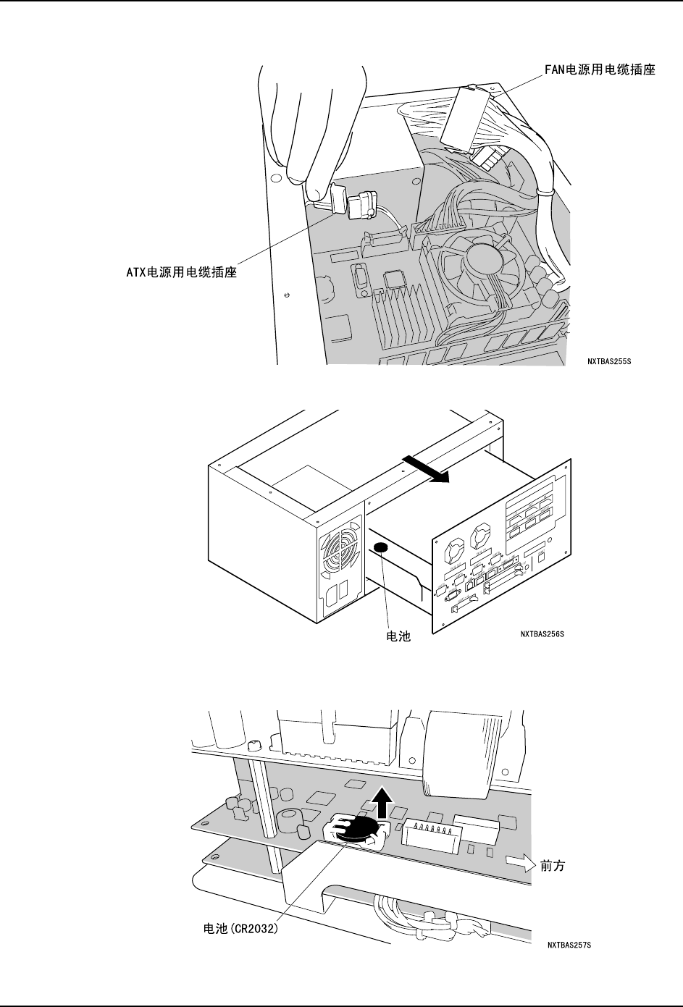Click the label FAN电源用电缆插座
point(600,70)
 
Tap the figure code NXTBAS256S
point(542,635)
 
